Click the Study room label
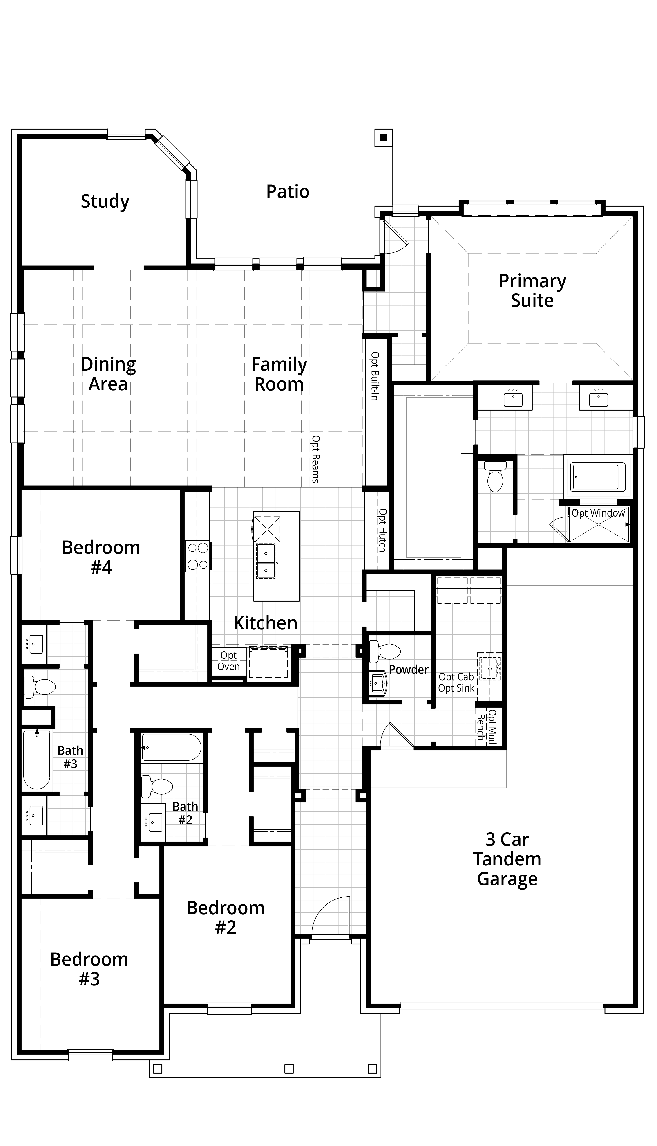tap(105, 201)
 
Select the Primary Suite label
tap(532, 291)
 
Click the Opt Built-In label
tap(375, 376)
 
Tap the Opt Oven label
tap(229, 661)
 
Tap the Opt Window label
tap(598, 513)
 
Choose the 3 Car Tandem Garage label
tap(507, 859)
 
